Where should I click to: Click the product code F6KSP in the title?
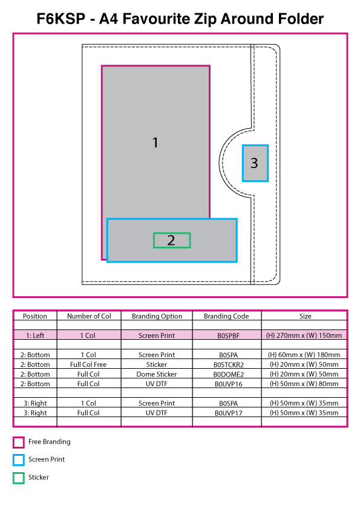tap(61, 19)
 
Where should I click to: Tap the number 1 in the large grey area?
tap(155, 143)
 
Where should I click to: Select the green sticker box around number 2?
tap(172, 240)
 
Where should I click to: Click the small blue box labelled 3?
tap(255, 163)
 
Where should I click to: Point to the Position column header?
tap(34, 316)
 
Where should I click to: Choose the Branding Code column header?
tap(226, 316)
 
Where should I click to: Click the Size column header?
tap(305, 316)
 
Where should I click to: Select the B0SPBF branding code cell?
tap(228, 336)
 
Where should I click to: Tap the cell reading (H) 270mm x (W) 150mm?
tap(304, 336)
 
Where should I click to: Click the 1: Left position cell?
tap(35, 336)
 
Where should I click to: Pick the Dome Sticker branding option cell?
tap(157, 374)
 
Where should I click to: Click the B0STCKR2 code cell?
tap(229, 365)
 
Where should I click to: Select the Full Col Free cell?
tap(88, 365)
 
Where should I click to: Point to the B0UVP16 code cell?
tap(229, 384)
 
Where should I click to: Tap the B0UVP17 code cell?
tap(229, 413)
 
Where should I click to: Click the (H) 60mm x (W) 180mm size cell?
tap(304, 355)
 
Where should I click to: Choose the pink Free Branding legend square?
tap(19, 442)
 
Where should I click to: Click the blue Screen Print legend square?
tap(19, 460)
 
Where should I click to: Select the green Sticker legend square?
tap(19, 478)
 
